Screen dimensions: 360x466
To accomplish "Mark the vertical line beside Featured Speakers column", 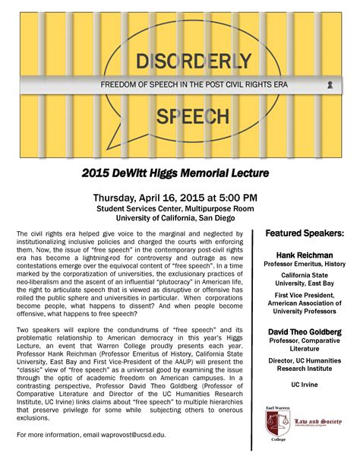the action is pos(259,334).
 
